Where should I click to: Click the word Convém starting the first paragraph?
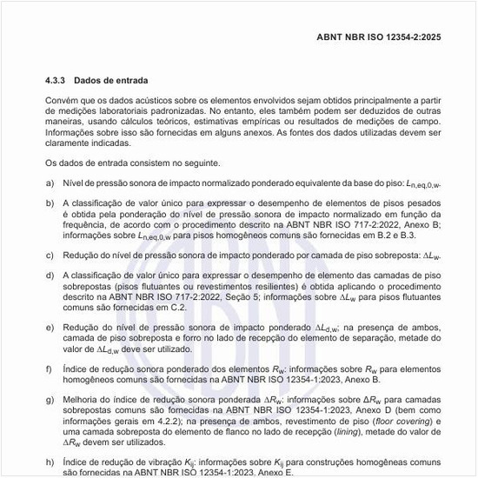pyautogui.click(x=63, y=103)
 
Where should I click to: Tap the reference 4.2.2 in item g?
pyautogui.click(x=144, y=419)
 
